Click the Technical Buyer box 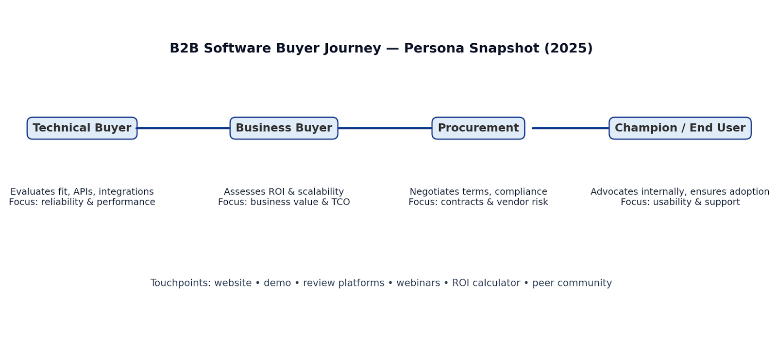point(82,128)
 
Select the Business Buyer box point(284,128)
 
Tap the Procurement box point(478,128)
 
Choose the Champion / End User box point(680,128)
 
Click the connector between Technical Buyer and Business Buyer point(184,128)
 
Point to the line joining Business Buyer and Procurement point(385,128)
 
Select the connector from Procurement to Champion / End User point(570,128)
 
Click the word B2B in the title point(185,49)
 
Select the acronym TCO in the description point(340,202)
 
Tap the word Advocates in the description point(612,192)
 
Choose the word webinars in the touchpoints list point(418,283)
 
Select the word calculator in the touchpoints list point(497,283)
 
